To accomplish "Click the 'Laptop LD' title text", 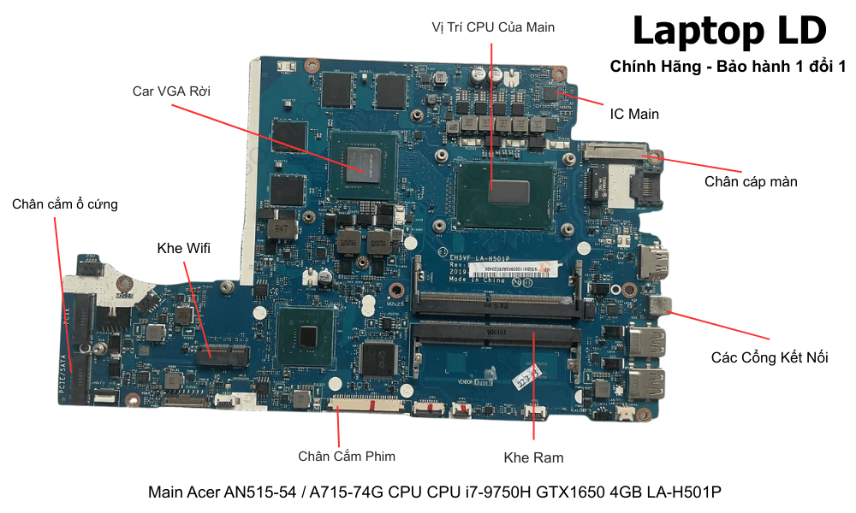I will [x=728, y=32].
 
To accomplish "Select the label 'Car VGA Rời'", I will [x=171, y=91].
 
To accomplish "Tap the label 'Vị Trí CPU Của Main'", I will [x=493, y=27].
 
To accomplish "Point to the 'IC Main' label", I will [x=633, y=113].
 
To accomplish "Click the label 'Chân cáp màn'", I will [x=751, y=181].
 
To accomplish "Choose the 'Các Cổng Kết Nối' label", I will [x=770, y=357].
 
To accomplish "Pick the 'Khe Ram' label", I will [x=533, y=457].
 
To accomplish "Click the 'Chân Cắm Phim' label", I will [x=347, y=456].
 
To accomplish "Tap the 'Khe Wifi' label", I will [x=183, y=249].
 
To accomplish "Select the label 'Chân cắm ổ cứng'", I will [x=65, y=204].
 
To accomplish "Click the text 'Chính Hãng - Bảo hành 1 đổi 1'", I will [x=728, y=67].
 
